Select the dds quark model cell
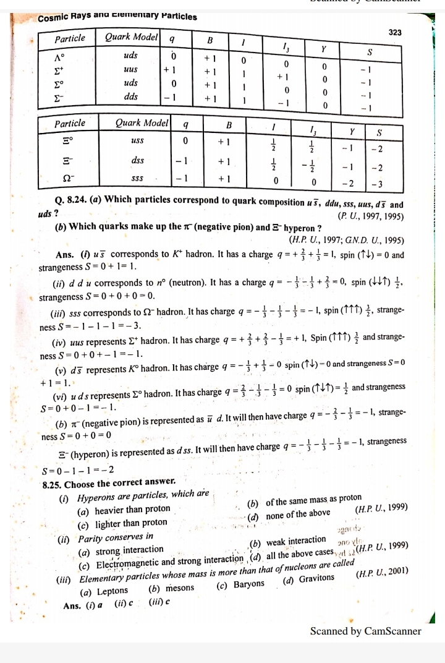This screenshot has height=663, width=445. pos(130,98)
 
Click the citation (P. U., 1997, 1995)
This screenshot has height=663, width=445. pos(370,216)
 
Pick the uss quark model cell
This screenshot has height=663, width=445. pos(137,141)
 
